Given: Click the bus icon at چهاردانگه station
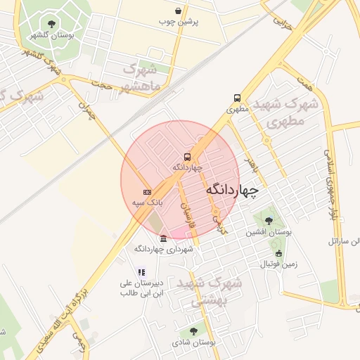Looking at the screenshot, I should (187, 157).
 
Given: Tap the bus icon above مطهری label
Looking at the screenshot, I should (237, 98).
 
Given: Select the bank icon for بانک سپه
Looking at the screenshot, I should (147, 191).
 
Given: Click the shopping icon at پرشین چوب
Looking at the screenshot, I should (179, 11).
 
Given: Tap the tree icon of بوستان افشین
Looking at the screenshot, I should (269, 221).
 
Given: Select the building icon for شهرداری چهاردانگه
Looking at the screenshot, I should (164, 238).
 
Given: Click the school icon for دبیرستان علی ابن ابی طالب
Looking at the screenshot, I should (141, 272).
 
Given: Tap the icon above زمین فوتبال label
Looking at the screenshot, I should (278, 253).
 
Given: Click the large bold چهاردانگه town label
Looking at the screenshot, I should (233, 191).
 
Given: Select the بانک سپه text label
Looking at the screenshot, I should (148, 202).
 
